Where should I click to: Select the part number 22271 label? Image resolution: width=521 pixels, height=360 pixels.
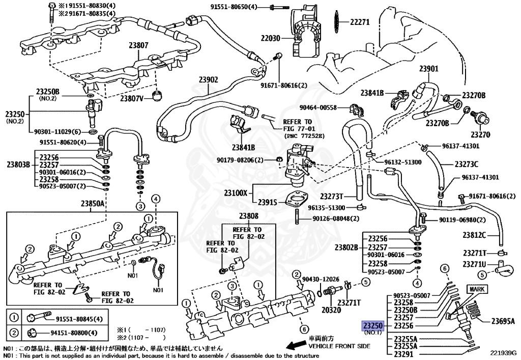pos(359,22)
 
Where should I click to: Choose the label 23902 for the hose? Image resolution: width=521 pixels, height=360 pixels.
pos(208,79)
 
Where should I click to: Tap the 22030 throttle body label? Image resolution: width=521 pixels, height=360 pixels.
pos(271,38)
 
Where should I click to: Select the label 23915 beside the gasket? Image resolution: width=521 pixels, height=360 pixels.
pos(267,202)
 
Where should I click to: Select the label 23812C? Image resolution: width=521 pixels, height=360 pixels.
pos(474,235)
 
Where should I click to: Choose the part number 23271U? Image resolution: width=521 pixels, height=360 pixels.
pos(474,264)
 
